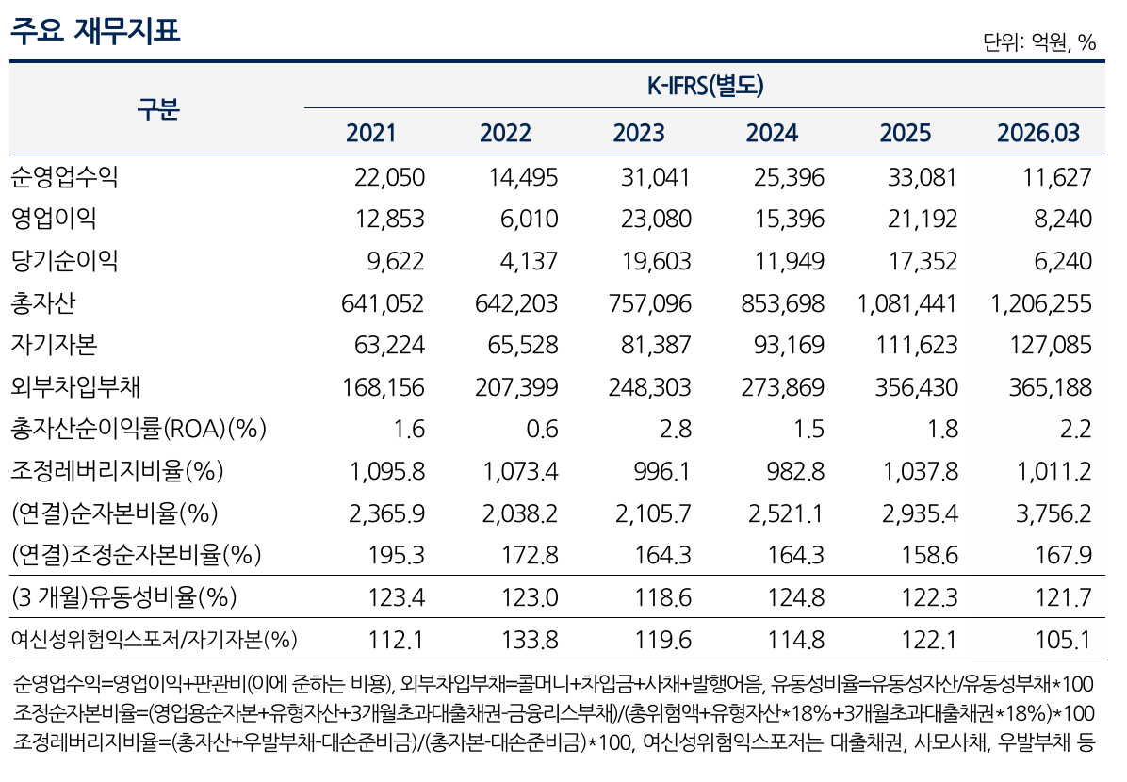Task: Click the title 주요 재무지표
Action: tap(95, 31)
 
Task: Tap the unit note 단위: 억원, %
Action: tap(1039, 42)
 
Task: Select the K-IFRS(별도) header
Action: tap(705, 87)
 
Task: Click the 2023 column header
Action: tap(639, 133)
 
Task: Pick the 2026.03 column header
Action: tap(1038, 133)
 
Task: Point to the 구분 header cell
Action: tap(158, 109)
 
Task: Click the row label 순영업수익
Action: tap(65, 177)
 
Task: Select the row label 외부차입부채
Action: tap(75, 386)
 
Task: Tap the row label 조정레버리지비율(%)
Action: tap(117, 471)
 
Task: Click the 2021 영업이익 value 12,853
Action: tap(390, 219)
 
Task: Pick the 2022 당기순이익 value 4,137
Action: tap(529, 261)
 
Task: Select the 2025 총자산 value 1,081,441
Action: tap(907, 303)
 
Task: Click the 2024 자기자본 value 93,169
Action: tap(790, 345)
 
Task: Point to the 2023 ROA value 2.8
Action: tap(676, 429)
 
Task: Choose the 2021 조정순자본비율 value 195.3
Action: tap(396, 555)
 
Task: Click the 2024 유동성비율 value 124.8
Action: tap(796, 597)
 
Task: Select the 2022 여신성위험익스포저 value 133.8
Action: tap(530, 639)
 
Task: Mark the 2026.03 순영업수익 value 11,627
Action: tap(1057, 177)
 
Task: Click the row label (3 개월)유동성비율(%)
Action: tap(124, 597)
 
